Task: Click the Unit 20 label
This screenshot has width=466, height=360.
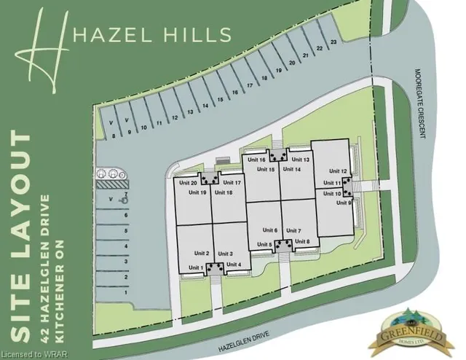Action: (188, 183)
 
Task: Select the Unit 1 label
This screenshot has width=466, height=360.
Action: (196, 268)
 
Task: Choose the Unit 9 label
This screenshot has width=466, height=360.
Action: (344, 203)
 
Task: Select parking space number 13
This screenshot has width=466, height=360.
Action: (190, 111)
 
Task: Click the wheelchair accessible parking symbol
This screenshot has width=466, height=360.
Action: (124, 199)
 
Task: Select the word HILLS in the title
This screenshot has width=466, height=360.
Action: (197, 34)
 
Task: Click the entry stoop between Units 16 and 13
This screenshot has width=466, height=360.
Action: (277, 155)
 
